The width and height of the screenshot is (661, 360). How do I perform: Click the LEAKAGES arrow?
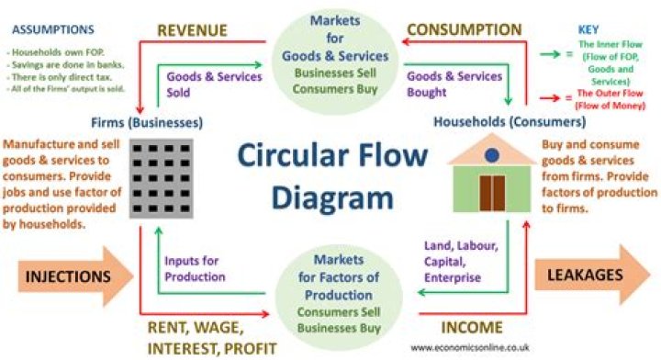(x=593, y=275)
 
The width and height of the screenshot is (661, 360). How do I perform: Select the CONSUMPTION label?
(x=463, y=30)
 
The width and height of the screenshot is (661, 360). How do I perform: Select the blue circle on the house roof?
(x=491, y=153)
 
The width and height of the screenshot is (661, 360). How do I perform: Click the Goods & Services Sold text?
(x=214, y=84)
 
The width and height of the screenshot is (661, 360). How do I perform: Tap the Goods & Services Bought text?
(x=454, y=84)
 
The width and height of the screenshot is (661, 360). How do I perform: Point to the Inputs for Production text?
(x=195, y=268)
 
